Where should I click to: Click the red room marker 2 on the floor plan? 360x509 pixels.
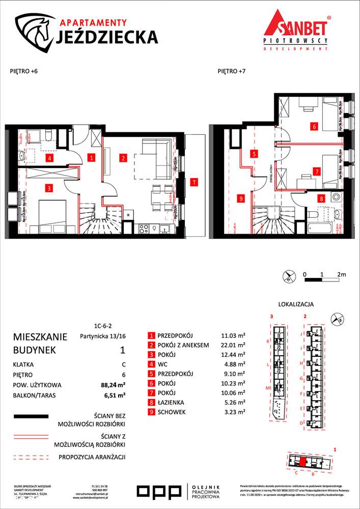click(123, 158)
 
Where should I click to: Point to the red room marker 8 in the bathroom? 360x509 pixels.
click(321, 199)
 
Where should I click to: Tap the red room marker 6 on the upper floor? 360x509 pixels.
click(315, 126)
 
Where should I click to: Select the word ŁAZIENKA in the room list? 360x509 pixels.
click(173, 402)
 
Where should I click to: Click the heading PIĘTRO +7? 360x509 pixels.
click(231, 72)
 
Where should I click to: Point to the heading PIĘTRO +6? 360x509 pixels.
click(24, 72)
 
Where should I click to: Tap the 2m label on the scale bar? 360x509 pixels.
click(341, 274)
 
